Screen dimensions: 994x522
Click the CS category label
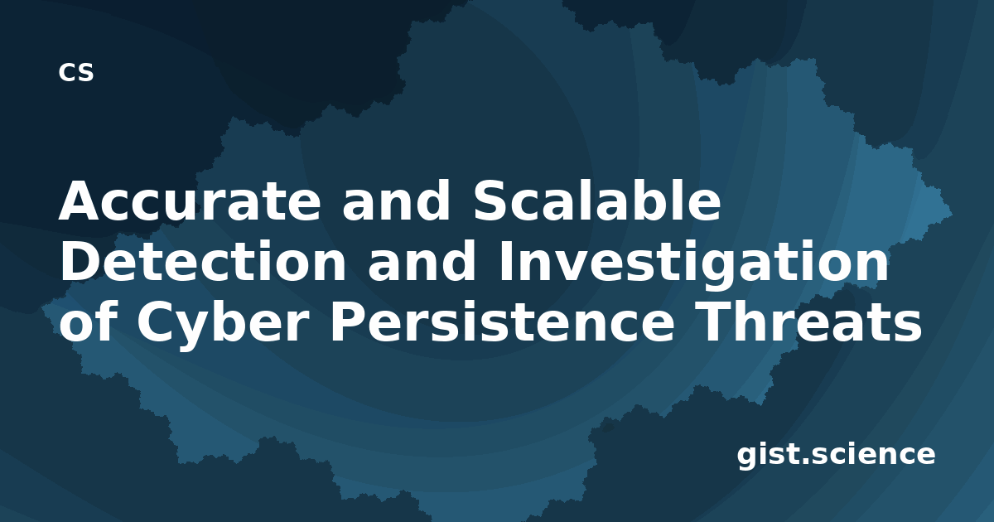pos(76,72)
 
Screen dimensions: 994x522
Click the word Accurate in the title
pos(190,201)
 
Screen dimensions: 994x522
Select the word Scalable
pos(597,200)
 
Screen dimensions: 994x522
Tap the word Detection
pos(203,262)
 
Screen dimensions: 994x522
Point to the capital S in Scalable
pos(491,201)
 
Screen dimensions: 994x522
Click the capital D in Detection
pos(80,261)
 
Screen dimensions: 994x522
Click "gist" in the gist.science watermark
pos(769,455)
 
